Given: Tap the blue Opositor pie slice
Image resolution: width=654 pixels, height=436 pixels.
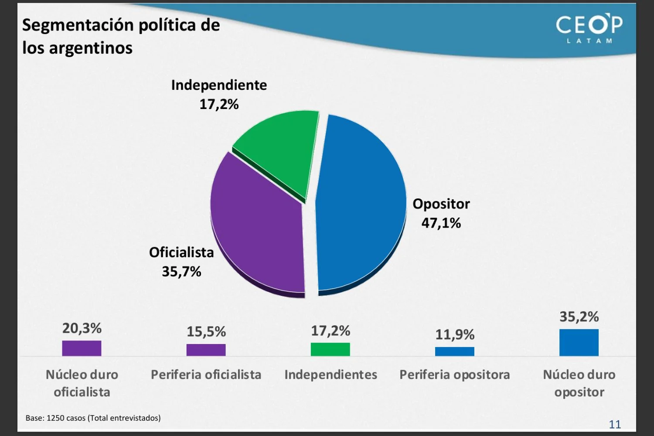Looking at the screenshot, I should tap(362, 205).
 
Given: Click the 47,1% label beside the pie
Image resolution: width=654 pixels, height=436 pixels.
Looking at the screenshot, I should tap(441, 223).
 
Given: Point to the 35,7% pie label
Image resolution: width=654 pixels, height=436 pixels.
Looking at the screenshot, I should tap(181, 272).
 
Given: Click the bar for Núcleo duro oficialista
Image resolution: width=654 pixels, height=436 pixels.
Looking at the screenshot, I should tap(82, 348).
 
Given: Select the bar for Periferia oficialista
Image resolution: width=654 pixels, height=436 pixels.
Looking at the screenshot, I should tap(206, 350).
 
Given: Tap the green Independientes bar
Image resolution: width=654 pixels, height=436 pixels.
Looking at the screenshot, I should tap(330, 349).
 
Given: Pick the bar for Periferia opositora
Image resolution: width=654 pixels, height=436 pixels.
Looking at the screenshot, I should tap(454, 351).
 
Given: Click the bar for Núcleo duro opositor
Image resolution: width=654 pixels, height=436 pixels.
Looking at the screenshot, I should tap(579, 343).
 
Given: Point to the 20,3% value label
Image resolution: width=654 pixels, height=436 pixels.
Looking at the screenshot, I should tap(82, 328).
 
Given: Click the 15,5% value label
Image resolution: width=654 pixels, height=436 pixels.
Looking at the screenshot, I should tap(206, 332).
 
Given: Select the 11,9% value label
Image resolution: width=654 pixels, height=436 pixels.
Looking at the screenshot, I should tap(455, 335).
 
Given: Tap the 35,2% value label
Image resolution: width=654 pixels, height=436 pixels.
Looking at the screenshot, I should tap(579, 317).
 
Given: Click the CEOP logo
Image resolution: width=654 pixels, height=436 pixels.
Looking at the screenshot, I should tap(589, 28).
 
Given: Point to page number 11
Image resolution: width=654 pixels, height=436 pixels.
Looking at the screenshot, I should tap(615, 424).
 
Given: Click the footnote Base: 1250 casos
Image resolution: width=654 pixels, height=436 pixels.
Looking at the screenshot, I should tap(93, 418).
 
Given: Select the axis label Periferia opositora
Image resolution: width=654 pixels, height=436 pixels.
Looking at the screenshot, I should tap(454, 375).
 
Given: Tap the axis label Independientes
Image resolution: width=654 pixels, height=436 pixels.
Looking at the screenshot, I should tap(330, 375).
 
